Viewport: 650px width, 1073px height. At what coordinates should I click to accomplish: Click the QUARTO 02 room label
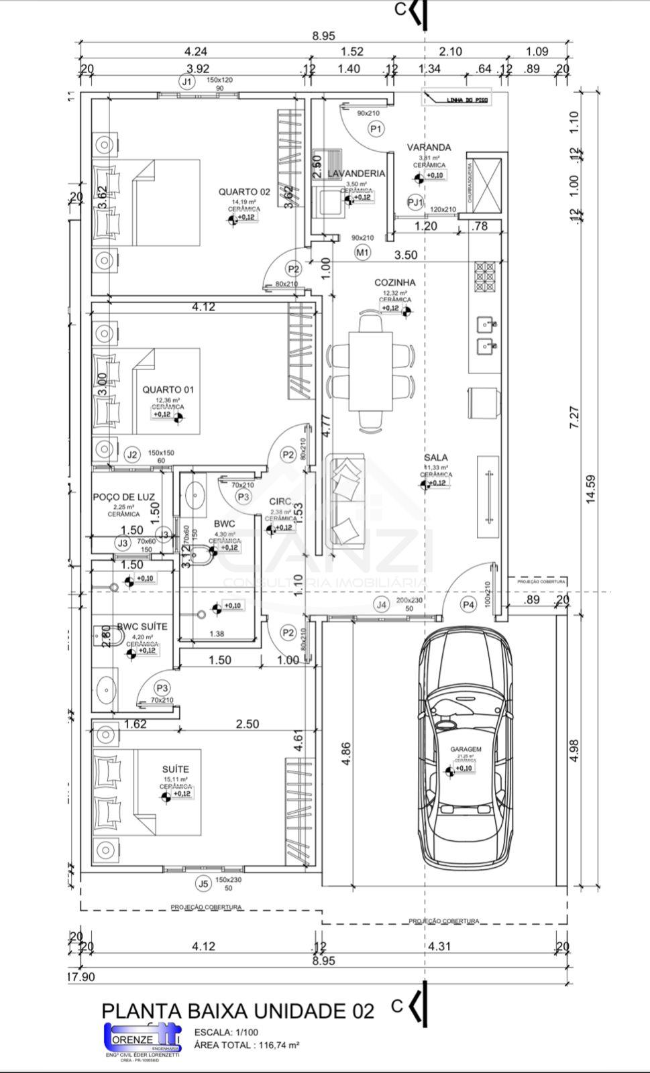243,192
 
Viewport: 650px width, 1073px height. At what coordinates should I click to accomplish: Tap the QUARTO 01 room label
168,390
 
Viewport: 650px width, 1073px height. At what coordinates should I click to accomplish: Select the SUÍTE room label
176,769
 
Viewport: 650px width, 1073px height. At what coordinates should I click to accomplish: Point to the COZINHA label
394,282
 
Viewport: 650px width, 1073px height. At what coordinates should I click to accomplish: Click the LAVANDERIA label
356,174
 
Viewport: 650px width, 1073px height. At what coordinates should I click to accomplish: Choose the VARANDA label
429,148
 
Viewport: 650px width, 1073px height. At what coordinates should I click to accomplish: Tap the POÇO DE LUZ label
123,497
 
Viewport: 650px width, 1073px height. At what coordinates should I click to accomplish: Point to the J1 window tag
186,81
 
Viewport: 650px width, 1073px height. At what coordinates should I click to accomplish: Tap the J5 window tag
203,883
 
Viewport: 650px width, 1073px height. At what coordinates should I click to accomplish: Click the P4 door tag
468,605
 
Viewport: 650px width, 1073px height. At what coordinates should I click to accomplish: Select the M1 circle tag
362,253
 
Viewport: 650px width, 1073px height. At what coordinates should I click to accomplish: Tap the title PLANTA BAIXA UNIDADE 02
237,1011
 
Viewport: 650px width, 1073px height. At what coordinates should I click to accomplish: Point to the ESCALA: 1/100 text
225,1033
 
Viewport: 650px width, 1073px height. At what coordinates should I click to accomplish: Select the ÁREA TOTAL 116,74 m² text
246,1045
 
